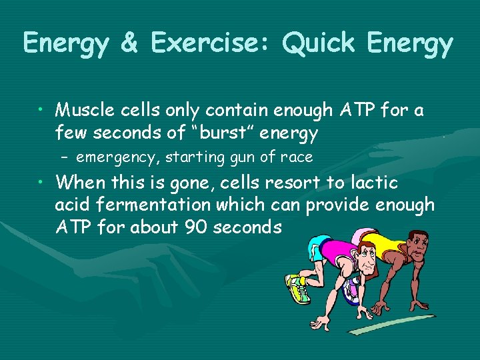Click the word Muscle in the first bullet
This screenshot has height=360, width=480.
click(84, 110)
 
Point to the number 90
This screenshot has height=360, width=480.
click(197, 228)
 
